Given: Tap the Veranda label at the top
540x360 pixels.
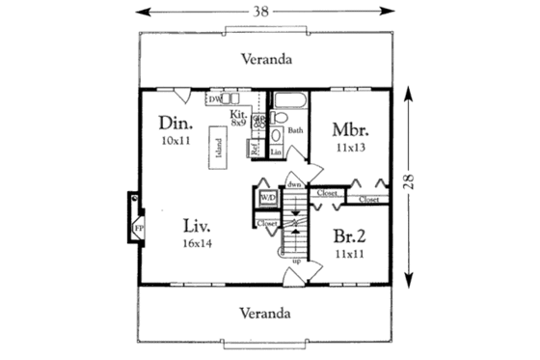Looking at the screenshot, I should point(266,58).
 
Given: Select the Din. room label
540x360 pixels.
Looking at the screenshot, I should point(175,125).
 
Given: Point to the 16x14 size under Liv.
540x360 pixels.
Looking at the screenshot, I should point(198,244).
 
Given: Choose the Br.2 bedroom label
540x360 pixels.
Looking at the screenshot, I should point(349,235).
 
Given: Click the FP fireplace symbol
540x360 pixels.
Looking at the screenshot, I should point(138,228).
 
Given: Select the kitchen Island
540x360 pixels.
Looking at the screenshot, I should point(219,151).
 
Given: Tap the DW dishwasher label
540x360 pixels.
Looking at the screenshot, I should point(213,98).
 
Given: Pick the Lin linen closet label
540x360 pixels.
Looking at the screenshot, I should point(276,152).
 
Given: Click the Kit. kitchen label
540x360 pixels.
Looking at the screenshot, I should point(238,113).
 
